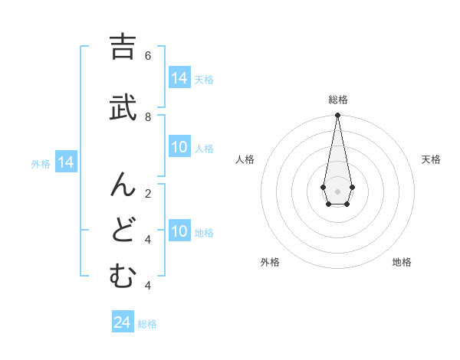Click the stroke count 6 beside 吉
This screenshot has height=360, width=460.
(x=147, y=55)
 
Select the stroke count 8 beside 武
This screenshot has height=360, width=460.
(x=147, y=116)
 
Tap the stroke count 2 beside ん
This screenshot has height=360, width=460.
(x=147, y=193)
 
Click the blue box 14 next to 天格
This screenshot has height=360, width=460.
(x=179, y=78)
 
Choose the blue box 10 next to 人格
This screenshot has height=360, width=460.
(x=179, y=148)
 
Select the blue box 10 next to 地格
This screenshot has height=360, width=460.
(x=179, y=232)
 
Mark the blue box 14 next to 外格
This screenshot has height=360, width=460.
(x=66, y=162)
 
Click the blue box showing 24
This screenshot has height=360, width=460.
(x=122, y=322)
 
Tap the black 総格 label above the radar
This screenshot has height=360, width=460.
(x=337, y=100)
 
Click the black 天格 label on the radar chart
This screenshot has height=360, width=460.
(x=431, y=159)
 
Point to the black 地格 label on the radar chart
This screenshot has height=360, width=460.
(x=402, y=262)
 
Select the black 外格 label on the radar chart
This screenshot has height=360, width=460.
(x=270, y=262)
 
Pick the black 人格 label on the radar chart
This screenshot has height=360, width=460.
(x=245, y=159)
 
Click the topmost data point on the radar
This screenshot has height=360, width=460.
(x=337, y=116)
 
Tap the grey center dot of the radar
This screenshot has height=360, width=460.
(x=337, y=191)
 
